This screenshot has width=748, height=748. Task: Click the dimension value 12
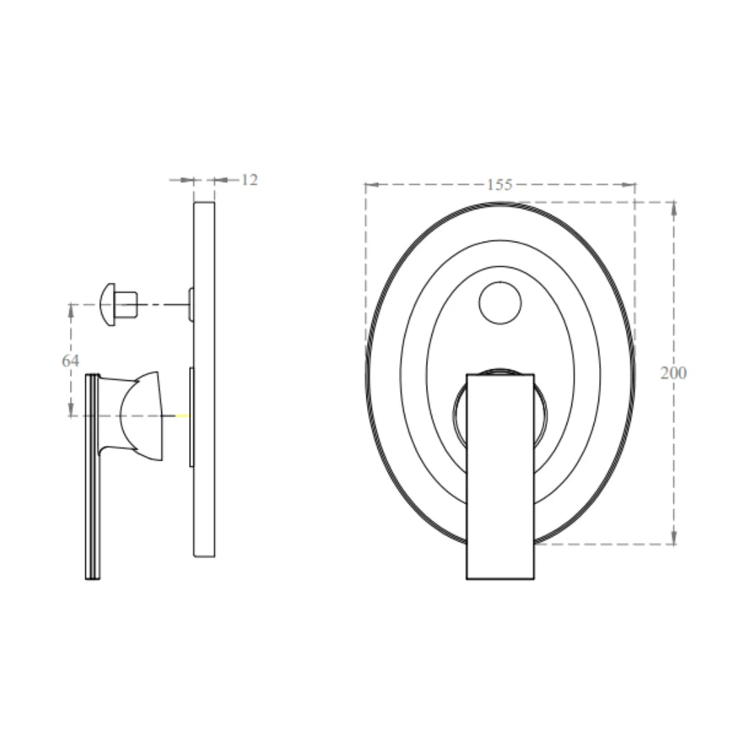tap(249, 180)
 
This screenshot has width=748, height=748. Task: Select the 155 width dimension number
tap(499, 185)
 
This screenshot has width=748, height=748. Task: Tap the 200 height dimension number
tap(673, 373)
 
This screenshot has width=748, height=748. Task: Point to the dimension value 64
tap(71, 361)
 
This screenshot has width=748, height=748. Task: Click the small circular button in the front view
tap(500, 303)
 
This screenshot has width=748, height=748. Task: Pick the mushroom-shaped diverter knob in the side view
tap(118, 304)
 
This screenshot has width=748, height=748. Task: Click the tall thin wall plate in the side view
tap(204, 379)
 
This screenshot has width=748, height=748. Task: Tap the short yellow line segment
tap(181, 416)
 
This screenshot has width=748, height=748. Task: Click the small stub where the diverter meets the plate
tap(190, 304)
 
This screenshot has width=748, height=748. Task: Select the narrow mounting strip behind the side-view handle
tap(191, 417)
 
